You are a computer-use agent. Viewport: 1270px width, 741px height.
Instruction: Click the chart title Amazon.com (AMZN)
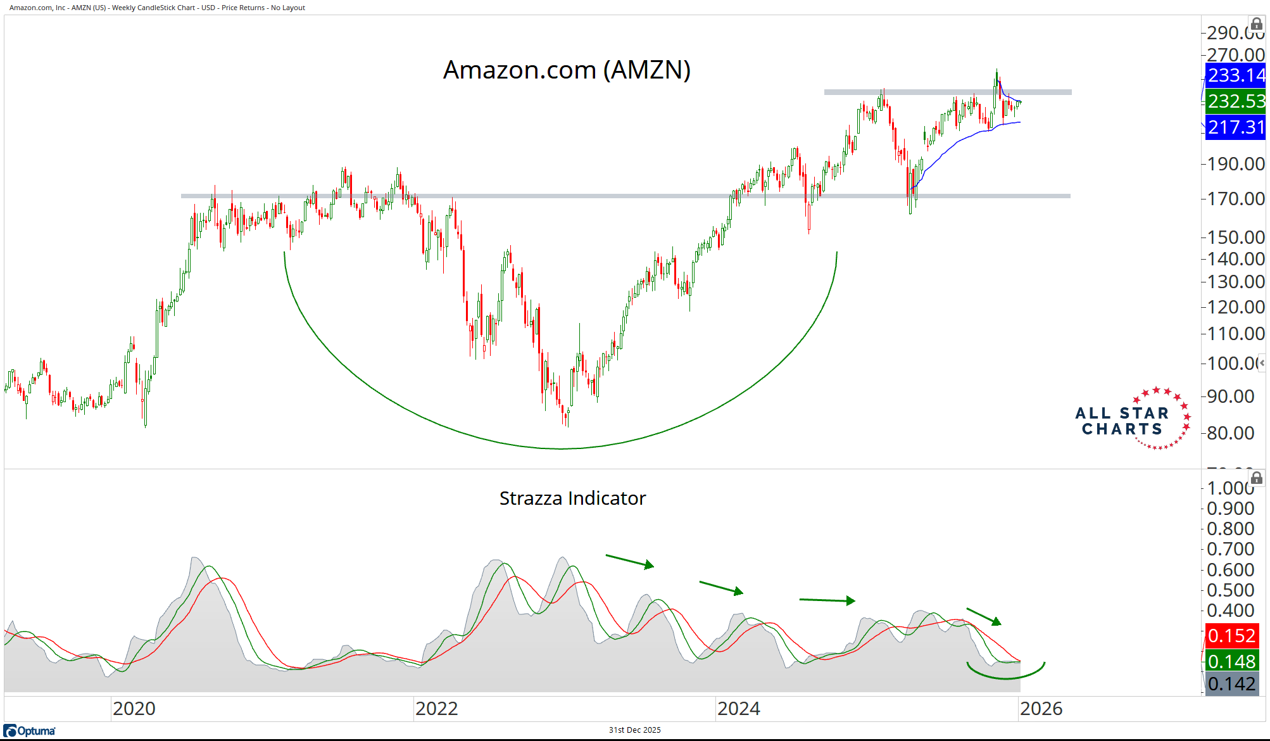(x=567, y=70)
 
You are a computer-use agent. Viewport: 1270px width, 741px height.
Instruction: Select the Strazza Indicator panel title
(x=572, y=498)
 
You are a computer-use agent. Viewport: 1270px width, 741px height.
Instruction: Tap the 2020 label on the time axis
(x=134, y=709)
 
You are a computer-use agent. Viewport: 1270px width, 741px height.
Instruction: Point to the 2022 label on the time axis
(x=436, y=709)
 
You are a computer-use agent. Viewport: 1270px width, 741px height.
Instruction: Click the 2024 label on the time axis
(x=738, y=709)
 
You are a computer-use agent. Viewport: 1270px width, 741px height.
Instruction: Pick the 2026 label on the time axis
(x=1041, y=709)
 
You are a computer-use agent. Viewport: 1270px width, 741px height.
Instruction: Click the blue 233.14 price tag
(x=1235, y=75)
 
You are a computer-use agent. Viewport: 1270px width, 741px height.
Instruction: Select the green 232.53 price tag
(x=1235, y=101)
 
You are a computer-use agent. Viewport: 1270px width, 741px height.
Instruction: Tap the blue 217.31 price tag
(x=1235, y=127)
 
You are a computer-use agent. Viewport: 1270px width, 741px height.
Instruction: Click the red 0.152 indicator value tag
(x=1231, y=635)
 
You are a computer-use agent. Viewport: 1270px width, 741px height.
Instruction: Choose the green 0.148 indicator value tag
(x=1231, y=661)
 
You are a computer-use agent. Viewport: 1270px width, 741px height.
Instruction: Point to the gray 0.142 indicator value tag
(x=1231, y=684)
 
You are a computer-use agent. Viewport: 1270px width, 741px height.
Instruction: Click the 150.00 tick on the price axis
(x=1235, y=237)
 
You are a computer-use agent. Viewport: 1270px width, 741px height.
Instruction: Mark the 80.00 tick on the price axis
(x=1230, y=433)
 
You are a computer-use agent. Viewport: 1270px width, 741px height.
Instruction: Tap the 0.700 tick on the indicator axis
(x=1230, y=549)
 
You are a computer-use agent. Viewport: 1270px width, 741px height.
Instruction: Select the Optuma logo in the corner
(x=30, y=731)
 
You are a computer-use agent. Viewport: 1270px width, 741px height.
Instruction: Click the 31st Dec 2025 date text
(x=634, y=730)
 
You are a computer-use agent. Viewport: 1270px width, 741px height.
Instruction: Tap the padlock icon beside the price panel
(x=1257, y=25)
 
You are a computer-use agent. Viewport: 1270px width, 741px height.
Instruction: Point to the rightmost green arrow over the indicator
(x=984, y=616)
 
